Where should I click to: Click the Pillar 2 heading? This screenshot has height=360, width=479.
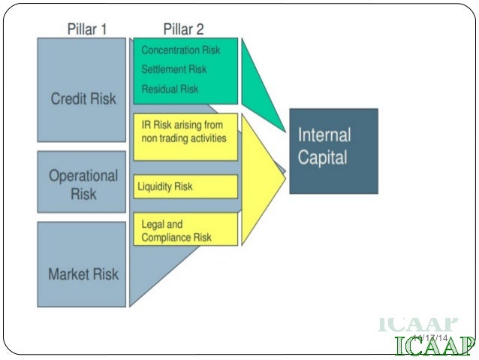pos(183,29)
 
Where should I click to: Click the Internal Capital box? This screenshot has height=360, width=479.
pos(333,150)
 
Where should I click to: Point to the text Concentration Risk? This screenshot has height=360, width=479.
pos(181,50)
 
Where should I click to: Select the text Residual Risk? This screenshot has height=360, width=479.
pos(170,89)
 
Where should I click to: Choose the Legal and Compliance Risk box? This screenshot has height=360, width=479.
pos(185,230)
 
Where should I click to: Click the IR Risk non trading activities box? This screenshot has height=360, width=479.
pos(185,136)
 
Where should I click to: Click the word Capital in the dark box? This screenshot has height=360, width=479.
pos(323,159)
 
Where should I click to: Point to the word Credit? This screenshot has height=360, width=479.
pos(69,99)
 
